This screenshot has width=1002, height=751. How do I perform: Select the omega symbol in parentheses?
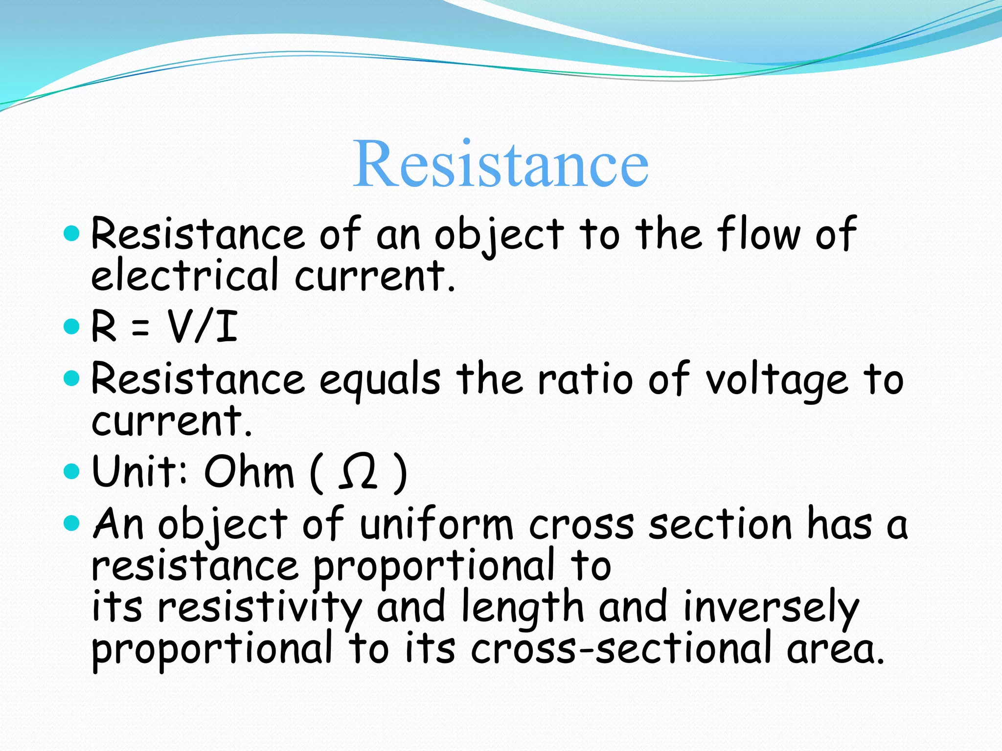click(x=358, y=472)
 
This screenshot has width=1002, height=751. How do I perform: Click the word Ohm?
click(x=249, y=472)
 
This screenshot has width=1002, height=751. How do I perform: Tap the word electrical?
click(x=185, y=275)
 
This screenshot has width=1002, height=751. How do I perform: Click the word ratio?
click(x=585, y=380)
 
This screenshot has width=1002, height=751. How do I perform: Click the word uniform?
click(x=437, y=525)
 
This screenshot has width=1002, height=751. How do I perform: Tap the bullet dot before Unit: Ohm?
click(x=71, y=472)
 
